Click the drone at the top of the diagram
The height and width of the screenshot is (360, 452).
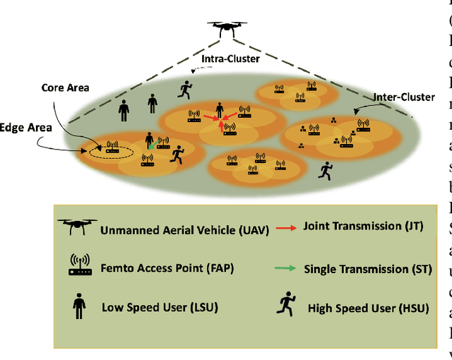pyautogui.click(x=226, y=28)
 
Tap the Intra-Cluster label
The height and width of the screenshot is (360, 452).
pyautogui.click(x=230, y=59)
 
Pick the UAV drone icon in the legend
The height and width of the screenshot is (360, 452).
pyautogui.click(x=77, y=227)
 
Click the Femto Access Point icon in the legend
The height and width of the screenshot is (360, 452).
pyautogui.click(x=79, y=265)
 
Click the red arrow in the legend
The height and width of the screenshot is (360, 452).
pyautogui.click(x=287, y=227)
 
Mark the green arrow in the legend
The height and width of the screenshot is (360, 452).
pyautogui.click(x=286, y=269)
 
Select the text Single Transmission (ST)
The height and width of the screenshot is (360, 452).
pyautogui.click(x=356, y=269)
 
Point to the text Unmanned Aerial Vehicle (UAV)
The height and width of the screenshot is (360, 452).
pyautogui.click(x=181, y=229)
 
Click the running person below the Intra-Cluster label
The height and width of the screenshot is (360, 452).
pyautogui.click(x=186, y=88)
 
